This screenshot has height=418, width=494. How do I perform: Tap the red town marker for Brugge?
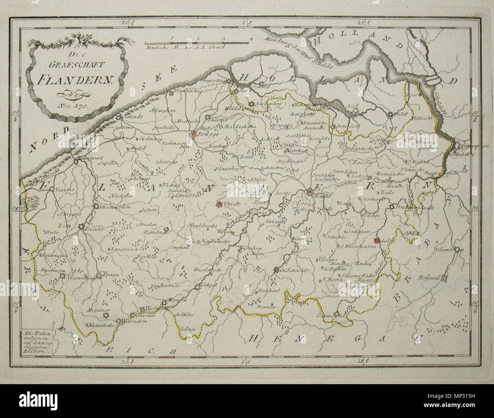click(x=194, y=134)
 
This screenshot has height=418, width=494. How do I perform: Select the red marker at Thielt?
click(x=219, y=204)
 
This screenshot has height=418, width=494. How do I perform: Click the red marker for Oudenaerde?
click(x=276, y=270)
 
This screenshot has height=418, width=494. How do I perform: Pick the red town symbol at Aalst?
click(x=377, y=241)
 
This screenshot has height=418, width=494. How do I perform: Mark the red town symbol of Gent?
click(x=310, y=192)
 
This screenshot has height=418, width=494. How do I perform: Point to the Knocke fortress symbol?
click(x=81, y=227)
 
